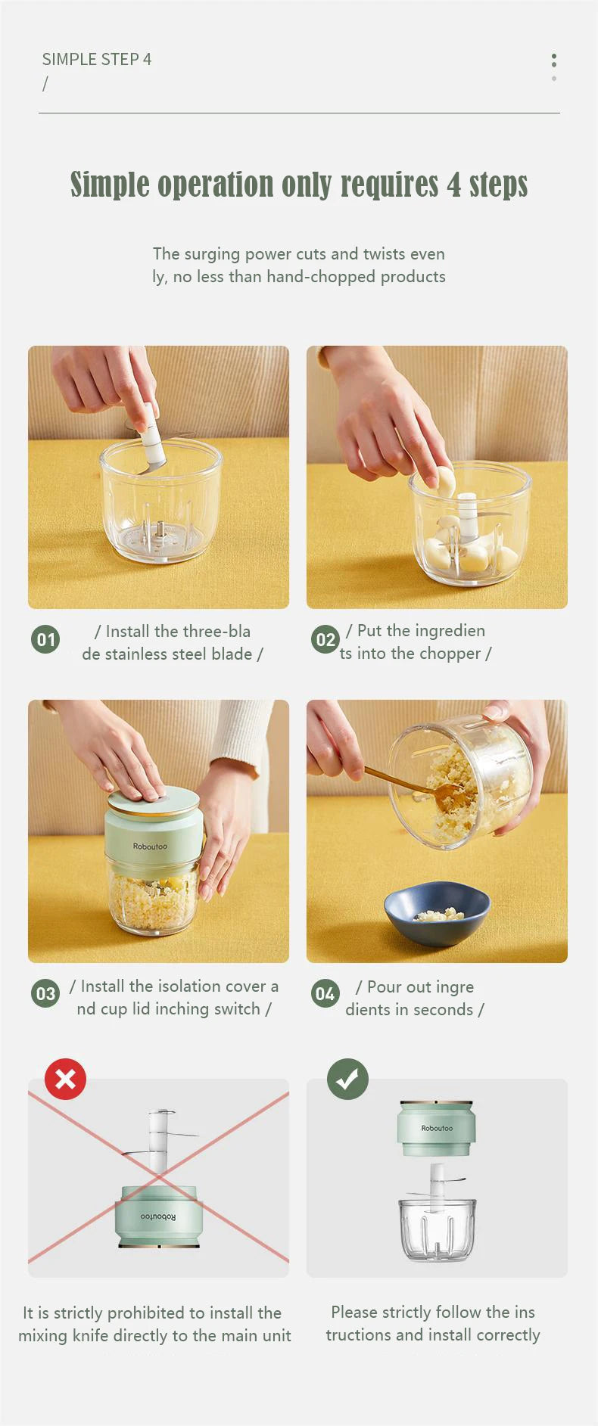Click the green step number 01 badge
[x=45, y=640]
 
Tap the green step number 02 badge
[x=325, y=640]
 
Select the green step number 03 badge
[x=45, y=994]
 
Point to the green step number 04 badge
[x=325, y=994]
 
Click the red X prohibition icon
[x=65, y=1079]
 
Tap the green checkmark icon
[x=347, y=1079]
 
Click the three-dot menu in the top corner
[x=554, y=66]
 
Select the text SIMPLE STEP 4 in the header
[x=97, y=59]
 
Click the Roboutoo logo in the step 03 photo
[x=150, y=847]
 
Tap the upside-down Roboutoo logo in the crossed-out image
[x=158, y=1216]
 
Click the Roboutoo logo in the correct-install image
[x=437, y=1128]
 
